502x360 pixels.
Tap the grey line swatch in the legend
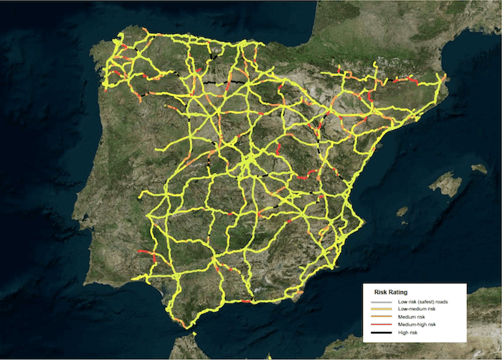pyautogui.click(x=379, y=302)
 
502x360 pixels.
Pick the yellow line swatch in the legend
pyautogui.click(x=379, y=309)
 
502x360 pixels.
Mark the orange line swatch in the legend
pyautogui.click(x=379, y=317)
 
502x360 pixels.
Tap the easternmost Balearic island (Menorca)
pyautogui.click(x=479, y=169)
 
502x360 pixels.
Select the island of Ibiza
pyautogui.click(x=402, y=212)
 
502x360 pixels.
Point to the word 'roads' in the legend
pyautogui.click(x=438, y=302)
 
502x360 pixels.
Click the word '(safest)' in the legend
pyautogui.click(x=421, y=302)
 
